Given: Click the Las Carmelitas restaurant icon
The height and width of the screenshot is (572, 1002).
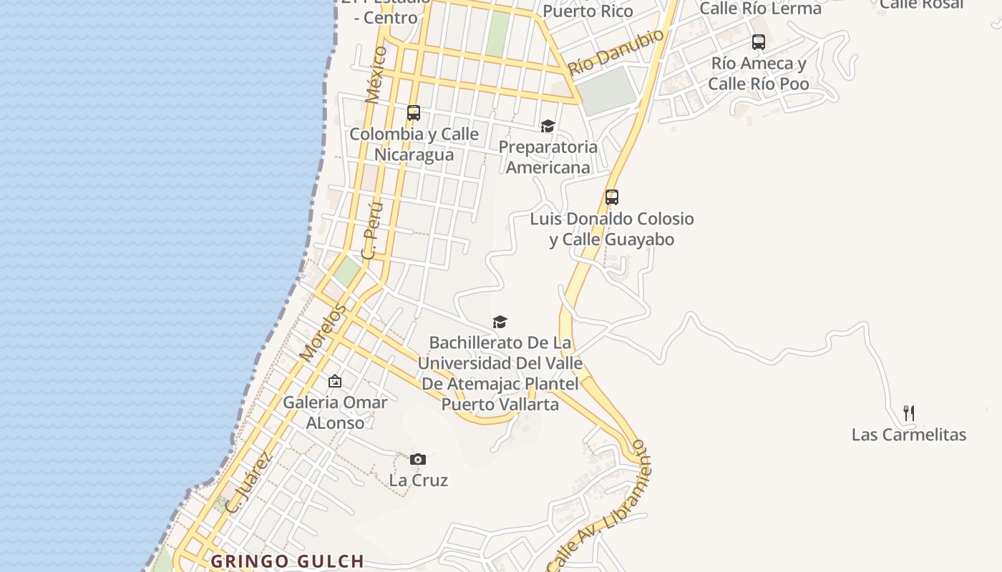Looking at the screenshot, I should pyautogui.click(x=909, y=413).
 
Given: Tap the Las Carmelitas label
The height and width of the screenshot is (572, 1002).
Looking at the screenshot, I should pyautogui.click(x=909, y=434).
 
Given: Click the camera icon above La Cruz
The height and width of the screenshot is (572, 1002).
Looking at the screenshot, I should pyautogui.click(x=418, y=459).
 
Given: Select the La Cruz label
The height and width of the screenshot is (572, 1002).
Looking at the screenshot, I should pyautogui.click(x=418, y=480).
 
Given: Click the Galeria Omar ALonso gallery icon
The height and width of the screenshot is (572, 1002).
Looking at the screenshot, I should pyautogui.click(x=334, y=382).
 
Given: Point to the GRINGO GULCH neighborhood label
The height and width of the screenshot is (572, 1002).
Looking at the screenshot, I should pyautogui.click(x=288, y=561).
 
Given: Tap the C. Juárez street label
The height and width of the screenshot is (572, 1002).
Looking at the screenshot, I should pyautogui.click(x=248, y=482).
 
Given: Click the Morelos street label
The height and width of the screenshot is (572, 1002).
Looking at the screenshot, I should pyautogui.click(x=323, y=332).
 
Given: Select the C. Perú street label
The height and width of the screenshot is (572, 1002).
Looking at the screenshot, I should pyautogui.click(x=372, y=230).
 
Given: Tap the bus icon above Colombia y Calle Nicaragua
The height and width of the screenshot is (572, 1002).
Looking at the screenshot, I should pyautogui.click(x=414, y=113).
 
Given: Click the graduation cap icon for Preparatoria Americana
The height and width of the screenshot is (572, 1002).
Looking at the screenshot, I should pyautogui.click(x=548, y=126).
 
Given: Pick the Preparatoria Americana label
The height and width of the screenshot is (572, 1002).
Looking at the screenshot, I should pyautogui.click(x=548, y=157).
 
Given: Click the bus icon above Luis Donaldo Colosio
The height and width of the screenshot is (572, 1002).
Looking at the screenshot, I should pyautogui.click(x=612, y=197).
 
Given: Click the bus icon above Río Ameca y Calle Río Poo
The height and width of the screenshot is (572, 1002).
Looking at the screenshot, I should pyautogui.click(x=759, y=42).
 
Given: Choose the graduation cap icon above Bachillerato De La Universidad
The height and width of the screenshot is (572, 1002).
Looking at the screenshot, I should pyautogui.click(x=500, y=322).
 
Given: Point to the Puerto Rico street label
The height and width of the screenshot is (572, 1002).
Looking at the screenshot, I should pyautogui.click(x=588, y=11).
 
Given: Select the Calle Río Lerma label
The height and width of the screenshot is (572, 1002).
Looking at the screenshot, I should pyautogui.click(x=760, y=8).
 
